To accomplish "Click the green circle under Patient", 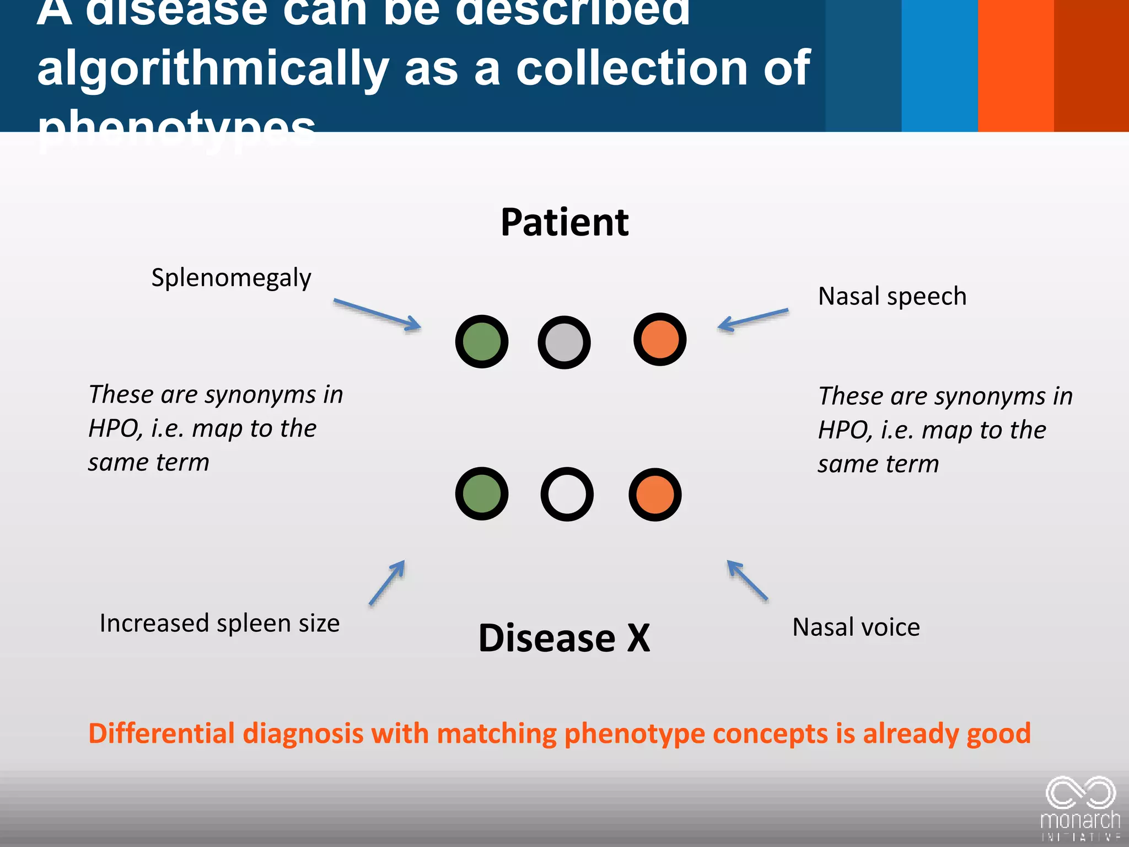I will coord(481,342).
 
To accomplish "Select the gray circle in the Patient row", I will coord(564,342).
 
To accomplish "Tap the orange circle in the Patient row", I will coord(659,339).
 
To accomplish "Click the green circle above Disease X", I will coord(481,494).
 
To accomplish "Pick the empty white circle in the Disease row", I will coord(567,494).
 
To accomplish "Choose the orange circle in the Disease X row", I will coord(655,495).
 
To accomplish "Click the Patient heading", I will coord(564,222).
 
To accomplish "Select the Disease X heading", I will coord(564,638).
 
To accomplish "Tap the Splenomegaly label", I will coord(231,278).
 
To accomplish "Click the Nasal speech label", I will coord(892,296).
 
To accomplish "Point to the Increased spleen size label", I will coord(219,623).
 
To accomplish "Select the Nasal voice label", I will coord(856,627).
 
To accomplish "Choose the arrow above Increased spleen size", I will coord(387,582).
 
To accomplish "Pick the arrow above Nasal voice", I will coord(747,580).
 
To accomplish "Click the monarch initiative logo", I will coord(1080,808).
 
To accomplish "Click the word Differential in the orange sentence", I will coord(162,733).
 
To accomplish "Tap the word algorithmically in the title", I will coord(213,68).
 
